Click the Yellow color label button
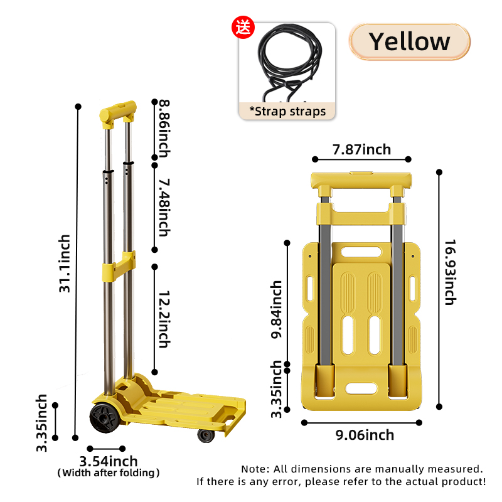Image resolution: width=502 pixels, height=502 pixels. [x=409, y=41]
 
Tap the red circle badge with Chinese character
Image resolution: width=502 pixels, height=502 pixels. [x=243, y=27]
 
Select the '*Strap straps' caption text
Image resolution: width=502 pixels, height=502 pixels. [x=287, y=112]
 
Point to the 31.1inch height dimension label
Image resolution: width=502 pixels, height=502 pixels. [x=65, y=264]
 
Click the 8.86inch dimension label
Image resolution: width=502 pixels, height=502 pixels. [x=164, y=129]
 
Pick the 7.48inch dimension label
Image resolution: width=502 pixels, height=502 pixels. [x=164, y=208]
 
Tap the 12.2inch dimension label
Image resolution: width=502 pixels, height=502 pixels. [x=164, y=319]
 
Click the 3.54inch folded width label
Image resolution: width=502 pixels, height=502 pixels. [x=108, y=461]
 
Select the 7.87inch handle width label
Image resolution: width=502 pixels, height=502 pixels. [x=361, y=149]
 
